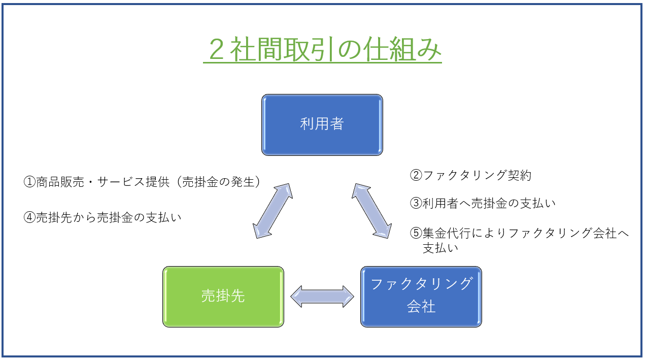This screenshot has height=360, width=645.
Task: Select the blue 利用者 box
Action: coord(322,125)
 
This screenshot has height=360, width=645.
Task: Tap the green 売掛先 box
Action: coord(223,297)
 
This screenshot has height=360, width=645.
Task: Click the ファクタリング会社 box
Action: coord(421,297)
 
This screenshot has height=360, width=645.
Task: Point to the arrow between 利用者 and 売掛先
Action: coord(273,211)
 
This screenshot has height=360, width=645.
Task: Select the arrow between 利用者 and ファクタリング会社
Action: coord(371,211)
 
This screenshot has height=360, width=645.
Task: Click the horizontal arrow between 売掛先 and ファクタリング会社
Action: coord(322,297)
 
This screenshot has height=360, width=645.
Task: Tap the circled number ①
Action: coord(29,182)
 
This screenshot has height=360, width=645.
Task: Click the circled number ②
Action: coord(416,175)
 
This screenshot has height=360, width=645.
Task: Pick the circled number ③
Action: coord(416,203)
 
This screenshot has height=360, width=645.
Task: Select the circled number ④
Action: coord(29,217)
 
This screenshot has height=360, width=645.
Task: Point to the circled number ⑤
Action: coord(416,233)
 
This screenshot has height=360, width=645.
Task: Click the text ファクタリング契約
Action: coord(477,175)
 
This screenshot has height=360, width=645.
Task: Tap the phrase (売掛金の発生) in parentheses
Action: coord(219,182)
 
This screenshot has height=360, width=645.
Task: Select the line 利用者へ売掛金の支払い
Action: coord(489,203)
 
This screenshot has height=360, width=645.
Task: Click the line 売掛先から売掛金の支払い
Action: coord(109,217)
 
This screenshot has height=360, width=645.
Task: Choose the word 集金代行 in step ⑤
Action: coord(447,233)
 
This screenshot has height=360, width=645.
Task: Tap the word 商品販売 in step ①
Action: coord(60,182)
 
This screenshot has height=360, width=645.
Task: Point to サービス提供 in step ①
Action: coord(133,182)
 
